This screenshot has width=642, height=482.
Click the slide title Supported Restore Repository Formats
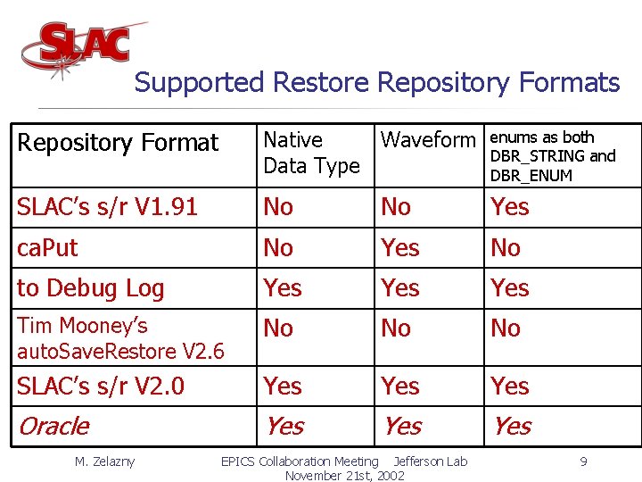[376, 83]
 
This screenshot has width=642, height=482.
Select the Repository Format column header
[118, 143]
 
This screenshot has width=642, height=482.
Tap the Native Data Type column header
[311, 153]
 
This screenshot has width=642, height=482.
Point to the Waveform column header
[428, 140]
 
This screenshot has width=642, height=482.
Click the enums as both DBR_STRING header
[552, 156]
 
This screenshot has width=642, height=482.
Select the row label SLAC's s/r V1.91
[107, 207]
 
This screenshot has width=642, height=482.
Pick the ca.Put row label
[48, 248]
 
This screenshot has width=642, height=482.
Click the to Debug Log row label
[91, 288]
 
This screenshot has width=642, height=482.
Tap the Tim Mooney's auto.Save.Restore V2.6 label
[120, 338]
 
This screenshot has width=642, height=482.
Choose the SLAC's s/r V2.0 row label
[101, 386]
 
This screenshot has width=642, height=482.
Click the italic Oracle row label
[53, 427]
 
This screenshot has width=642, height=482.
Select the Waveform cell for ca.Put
[399, 248]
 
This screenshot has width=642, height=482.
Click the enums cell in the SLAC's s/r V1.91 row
[510, 207]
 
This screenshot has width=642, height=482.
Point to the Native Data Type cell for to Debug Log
[283, 288]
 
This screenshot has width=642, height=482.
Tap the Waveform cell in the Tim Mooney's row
[396, 328]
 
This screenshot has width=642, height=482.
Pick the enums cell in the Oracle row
[511, 427]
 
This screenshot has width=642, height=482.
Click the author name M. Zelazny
[104, 461]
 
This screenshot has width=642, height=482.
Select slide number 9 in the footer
[582, 461]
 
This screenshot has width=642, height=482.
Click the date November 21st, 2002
[344, 476]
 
